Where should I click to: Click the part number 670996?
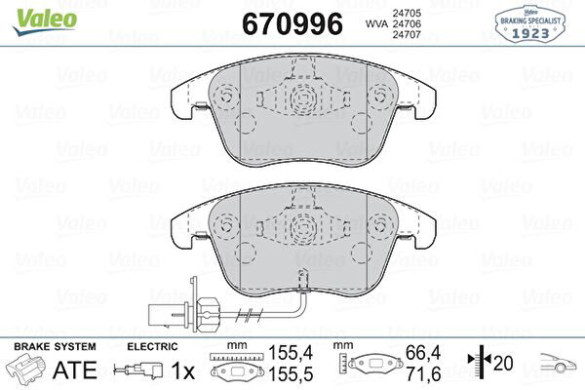coord(292,23)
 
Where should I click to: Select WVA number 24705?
coord(407,13)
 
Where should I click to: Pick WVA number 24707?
coord(407,35)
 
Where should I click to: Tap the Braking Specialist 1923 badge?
coord(529,24)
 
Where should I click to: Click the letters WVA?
coord(376,23)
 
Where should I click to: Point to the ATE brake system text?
coord(75,370)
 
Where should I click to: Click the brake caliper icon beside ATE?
coord(26,368)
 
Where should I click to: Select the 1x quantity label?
coord(183,370)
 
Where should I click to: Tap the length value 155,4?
coord(291,353)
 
